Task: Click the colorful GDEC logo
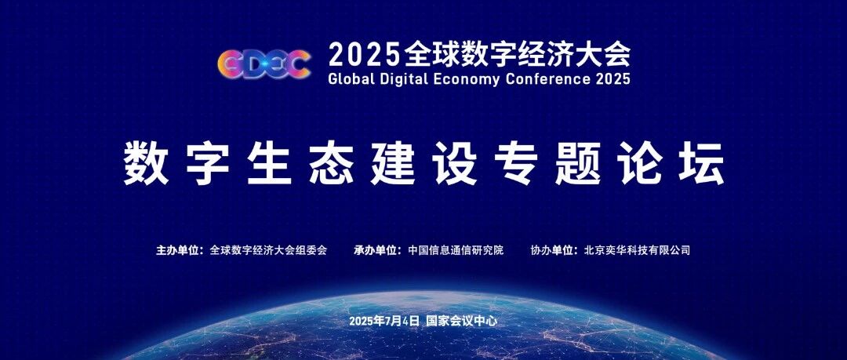264,64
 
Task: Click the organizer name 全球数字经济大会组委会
268,250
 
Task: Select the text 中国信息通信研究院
456,250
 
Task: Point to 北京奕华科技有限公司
638,250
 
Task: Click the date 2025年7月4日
384,321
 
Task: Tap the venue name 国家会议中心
461,321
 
